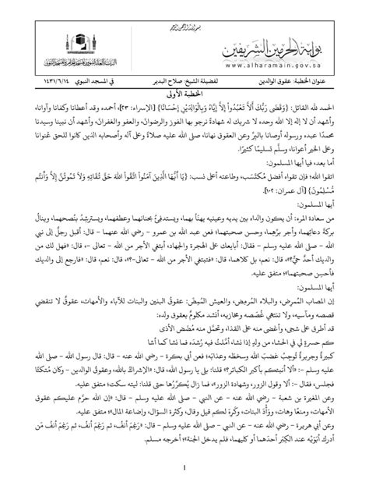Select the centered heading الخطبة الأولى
tap(184, 89)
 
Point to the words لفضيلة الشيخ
tap(220, 79)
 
